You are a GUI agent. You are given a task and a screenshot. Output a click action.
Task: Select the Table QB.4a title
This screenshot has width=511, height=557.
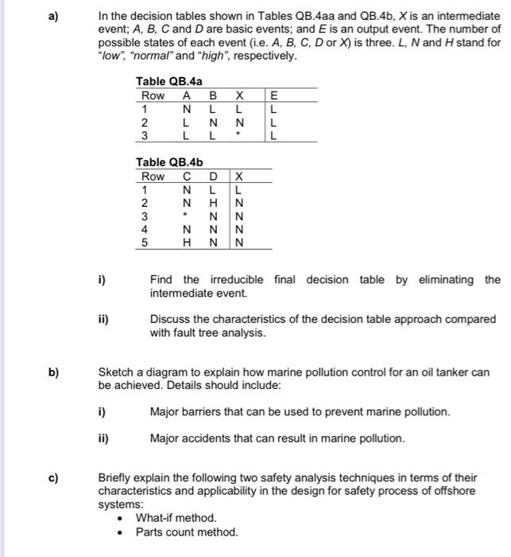pyautogui.click(x=168, y=81)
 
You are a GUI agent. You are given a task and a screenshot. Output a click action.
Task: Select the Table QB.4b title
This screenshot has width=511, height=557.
pyautogui.click(x=168, y=162)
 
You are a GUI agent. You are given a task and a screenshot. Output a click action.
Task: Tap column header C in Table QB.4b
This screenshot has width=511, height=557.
pyautogui.click(x=187, y=177)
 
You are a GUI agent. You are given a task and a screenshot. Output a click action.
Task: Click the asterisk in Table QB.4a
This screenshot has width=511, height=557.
pyautogui.click(x=238, y=135)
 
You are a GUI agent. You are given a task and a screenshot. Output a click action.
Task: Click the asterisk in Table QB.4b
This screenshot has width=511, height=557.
pyautogui.click(x=187, y=216)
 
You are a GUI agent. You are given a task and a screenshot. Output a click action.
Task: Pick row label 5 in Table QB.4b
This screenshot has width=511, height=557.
pyautogui.click(x=145, y=243)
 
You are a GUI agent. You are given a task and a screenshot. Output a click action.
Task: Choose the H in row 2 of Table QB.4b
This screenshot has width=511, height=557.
pyautogui.click(x=214, y=204)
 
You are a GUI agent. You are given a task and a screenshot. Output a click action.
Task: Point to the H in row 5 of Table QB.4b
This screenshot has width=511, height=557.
pyautogui.click(x=187, y=243)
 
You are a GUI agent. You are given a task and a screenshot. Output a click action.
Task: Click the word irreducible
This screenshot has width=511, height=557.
pyautogui.click(x=236, y=279)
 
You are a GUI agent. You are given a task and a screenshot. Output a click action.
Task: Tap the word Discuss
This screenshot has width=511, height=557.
pyautogui.click(x=169, y=318)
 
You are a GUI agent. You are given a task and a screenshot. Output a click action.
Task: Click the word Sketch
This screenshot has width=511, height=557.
pyautogui.click(x=115, y=371)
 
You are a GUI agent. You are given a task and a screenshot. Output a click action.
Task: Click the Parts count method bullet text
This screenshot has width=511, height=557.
pyautogui.click(x=187, y=532)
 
